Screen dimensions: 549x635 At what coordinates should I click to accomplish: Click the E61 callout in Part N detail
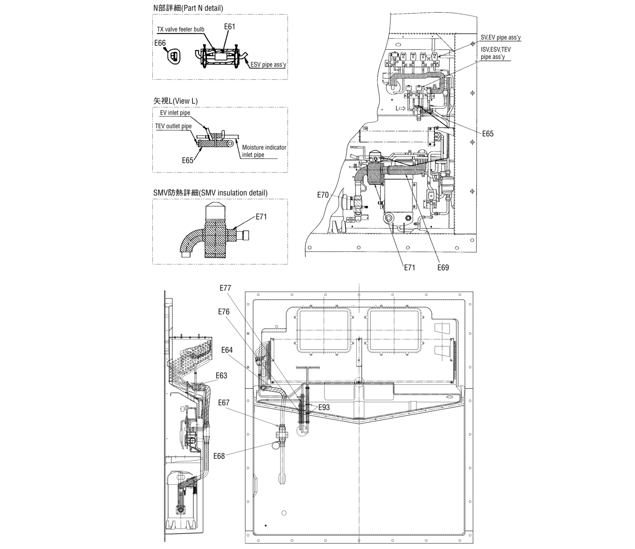pyautogui.click(x=229, y=26)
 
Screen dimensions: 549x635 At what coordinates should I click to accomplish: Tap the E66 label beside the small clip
pyautogui.click(x=160, y=43)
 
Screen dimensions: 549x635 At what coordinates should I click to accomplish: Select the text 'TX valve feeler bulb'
pyautogui.click(x=180, y=30)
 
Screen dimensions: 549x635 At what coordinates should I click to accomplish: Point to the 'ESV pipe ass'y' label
pyautogui.click(x=268, y=65)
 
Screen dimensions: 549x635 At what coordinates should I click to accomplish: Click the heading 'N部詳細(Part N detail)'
pyautogui.click(x=188, y=8)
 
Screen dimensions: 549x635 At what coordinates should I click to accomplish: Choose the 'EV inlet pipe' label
pyautogui.click(x=175, y=113)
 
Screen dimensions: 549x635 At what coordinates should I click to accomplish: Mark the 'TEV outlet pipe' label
pyautogui.click(x=173, y=126)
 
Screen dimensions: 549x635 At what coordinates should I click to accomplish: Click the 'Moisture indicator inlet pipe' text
pyautogui.click(x=264, y=151)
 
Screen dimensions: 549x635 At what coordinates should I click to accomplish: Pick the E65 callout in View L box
pyautogui.click(x=188, y=160)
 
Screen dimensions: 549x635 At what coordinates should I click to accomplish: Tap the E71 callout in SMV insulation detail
pyautogui.click(x=261, y=217)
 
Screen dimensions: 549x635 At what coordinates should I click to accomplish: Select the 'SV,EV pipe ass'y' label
pyautogui.click(x=500, y=37)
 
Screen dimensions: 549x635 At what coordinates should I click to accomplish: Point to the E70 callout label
pyautogui.click(x=323, y=195)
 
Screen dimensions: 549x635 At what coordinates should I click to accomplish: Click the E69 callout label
pyautogui.click(x=443, y=268)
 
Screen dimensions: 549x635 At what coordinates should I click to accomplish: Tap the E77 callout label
pyautogui.click(x=225, y=288)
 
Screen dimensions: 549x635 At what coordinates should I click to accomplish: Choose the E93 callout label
pyautogui.click(x=324, y=407)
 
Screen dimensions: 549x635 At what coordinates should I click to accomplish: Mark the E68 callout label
pyautogui.click(x=219, y=456)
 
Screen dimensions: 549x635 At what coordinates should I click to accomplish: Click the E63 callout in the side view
pyautogui.click(x=221, y=375)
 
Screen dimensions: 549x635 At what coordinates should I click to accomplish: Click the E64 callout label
pyautogui.click(x=227, y=350)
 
